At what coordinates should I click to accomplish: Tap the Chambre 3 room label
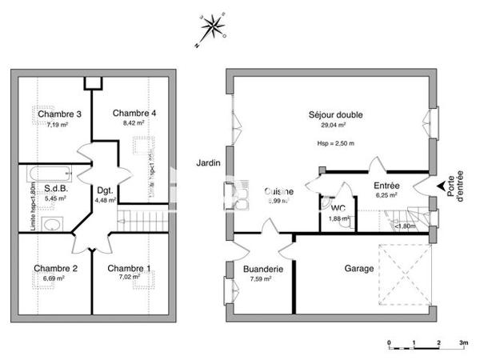click(x=60, y=114)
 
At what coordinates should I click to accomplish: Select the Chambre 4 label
click(x=134, y=112)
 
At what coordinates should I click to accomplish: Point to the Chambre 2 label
click(x=55, y=268)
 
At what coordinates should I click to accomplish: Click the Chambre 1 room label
click(x=129, y=268)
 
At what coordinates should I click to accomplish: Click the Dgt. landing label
click(x=105, y=190)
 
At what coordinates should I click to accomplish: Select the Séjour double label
click(x=336, y=115)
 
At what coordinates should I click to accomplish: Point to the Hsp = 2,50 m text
click(x=336, y=144)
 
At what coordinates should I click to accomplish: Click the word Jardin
click(x=207, y=163)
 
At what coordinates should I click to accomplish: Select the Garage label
click(x=359, y=269)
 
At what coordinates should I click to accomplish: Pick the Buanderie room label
click(x=263, y=270)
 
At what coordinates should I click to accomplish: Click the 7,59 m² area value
click(x=262, y=280)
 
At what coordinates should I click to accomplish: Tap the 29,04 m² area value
click(x=333, y=125)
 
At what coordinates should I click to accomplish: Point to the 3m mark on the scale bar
click(x=464, y=342)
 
